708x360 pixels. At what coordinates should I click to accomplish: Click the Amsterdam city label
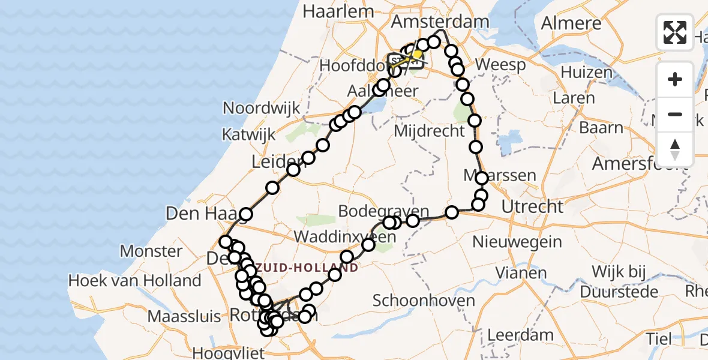click(x=440, y=22)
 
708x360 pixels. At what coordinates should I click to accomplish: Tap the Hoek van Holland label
click(x=134, y=280)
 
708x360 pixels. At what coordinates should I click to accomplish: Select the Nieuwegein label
click(x=517, y=242)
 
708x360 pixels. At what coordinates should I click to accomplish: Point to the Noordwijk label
click(x=261, y=108)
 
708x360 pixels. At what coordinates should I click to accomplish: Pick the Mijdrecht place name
click(x=430, y=130)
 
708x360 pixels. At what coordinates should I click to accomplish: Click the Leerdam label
click(x=512, y=334)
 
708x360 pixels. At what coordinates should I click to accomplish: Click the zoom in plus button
click(x=675, y=79)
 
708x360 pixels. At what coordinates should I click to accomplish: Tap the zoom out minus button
click(x=675, y=114)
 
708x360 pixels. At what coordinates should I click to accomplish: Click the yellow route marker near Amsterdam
click(x=417, y=54)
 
